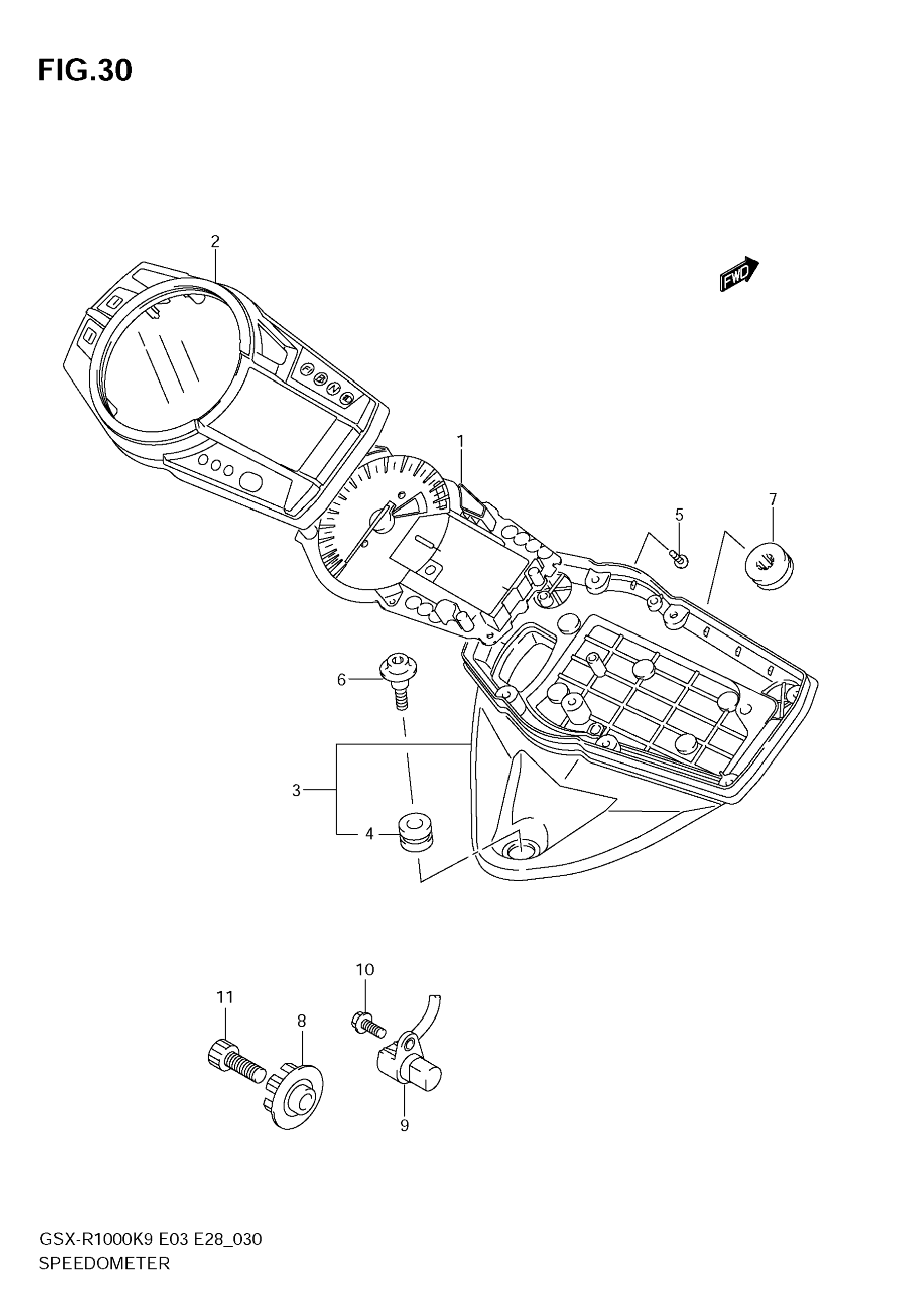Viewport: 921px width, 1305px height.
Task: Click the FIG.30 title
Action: click(85, 71)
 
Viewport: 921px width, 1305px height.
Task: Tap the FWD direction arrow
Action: click(738, 274)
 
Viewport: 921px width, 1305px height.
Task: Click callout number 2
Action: click(215, 242)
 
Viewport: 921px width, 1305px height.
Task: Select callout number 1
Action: click(460, 441)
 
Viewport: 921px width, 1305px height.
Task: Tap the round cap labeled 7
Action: click(769, 564)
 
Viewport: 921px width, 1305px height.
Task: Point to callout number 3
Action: click(296, 790)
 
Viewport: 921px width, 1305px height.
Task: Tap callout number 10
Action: click(365, 969)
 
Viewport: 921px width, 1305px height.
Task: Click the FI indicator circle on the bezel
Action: click(307, 370)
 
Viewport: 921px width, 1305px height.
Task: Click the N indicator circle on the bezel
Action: click(333, 389)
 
